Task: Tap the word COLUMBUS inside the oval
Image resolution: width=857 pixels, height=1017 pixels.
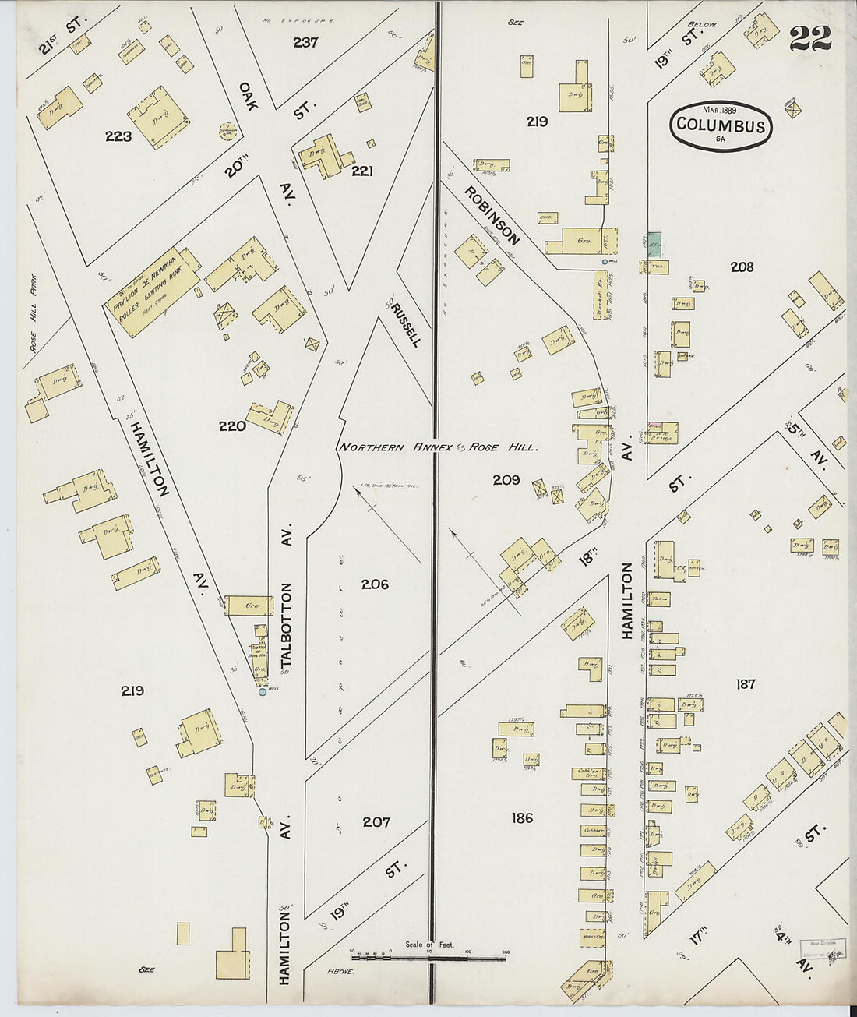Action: click(x=721, y=125)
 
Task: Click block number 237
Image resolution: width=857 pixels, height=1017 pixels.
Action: click(x=305, y=42)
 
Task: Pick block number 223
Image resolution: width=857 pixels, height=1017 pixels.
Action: click(x=118, y=136)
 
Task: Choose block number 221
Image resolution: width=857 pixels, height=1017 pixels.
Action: click(x=361, y=170)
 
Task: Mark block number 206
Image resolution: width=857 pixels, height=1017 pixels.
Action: click(x=375, y=584)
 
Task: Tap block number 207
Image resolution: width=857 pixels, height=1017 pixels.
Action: click(x=376, y=821)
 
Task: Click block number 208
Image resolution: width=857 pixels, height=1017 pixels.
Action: click(x=742, y=267)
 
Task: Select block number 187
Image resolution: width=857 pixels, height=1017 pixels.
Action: click(x=746, y=683)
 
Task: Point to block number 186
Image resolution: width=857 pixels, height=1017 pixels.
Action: click(x=522, y=817)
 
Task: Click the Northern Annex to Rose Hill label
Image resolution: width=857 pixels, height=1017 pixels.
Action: click(x=437, y=447)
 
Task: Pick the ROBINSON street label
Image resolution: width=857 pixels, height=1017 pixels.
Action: click(x=492, y=214)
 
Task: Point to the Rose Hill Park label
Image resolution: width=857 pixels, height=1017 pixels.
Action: click(x=33, y=312)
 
